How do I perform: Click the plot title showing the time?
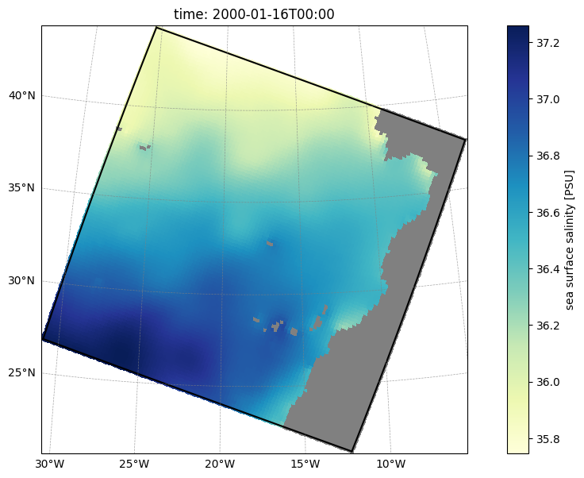coord(254,14)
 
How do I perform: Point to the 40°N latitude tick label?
coord(22,96)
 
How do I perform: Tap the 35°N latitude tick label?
coord(22,187)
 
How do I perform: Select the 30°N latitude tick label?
coord(22,280)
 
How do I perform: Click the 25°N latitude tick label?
coord(22,372)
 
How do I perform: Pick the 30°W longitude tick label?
coord(50,464)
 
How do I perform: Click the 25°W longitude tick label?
coord(134,464)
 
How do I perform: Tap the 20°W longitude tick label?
coord(220,464)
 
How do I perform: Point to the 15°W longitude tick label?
coord(305,464)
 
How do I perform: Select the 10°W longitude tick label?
coord(391,464)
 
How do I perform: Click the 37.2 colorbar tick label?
coord(547,43)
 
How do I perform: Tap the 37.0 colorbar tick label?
coord(547,99)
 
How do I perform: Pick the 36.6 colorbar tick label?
coord(547,213)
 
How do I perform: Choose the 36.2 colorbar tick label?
coord(547,326)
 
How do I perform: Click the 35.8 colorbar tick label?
coord(547,439)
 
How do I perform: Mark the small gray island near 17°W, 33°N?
coord(270,244)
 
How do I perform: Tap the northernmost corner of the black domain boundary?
coord(157,27)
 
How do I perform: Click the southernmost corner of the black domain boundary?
coord(352,451)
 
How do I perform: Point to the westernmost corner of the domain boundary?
coord(43,339)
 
